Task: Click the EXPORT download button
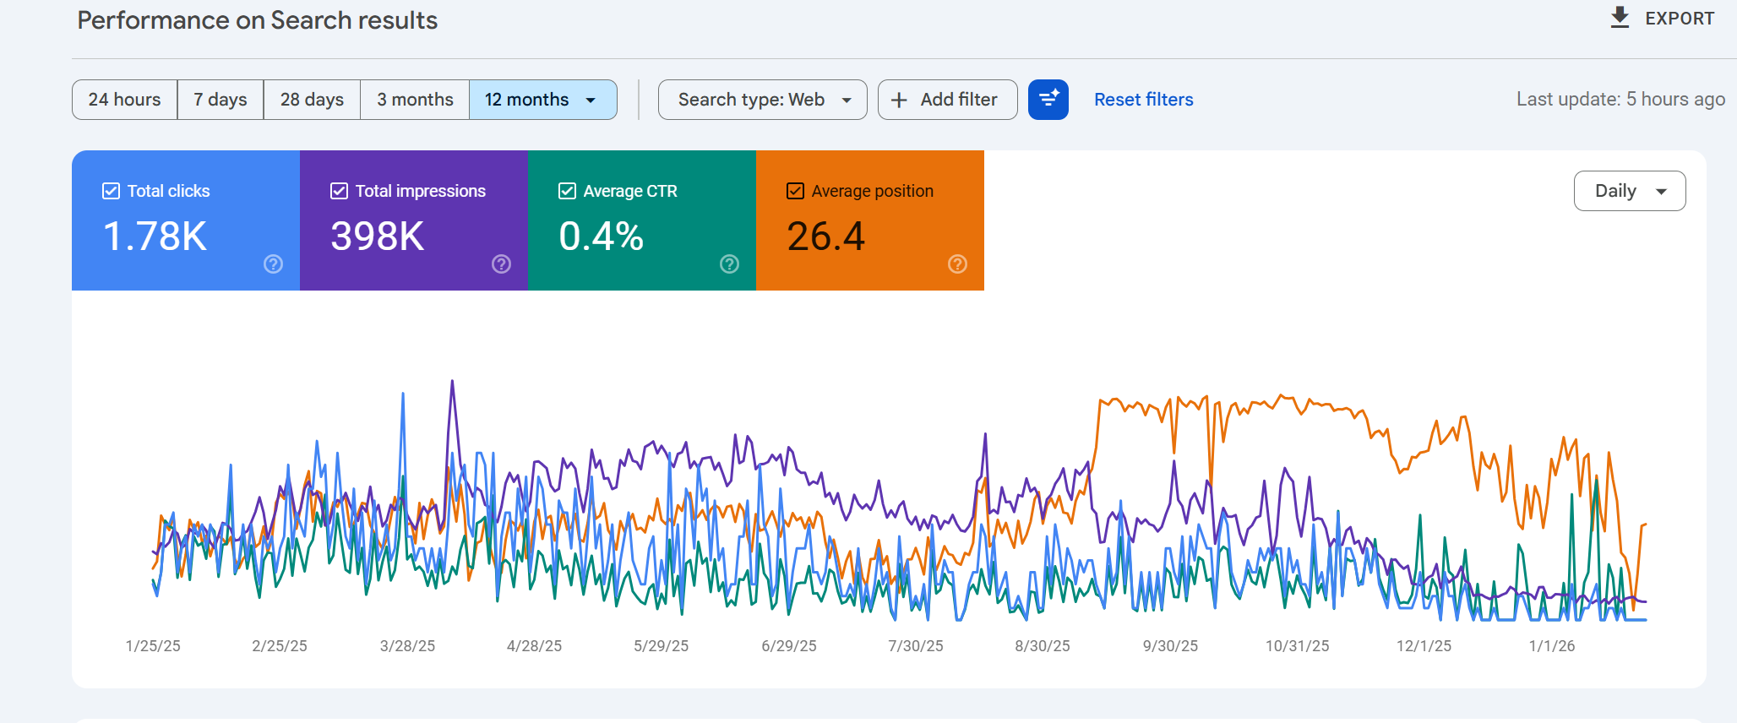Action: (x=1662, y=18)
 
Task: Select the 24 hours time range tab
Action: (x=124, y=100)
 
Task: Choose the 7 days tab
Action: (x=221, y=100)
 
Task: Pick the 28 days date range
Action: (x=312, y=100)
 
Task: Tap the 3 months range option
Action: (x=415, y=100)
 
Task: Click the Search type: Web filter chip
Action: (x=762, y=100)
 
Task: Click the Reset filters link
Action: (x=1143, y=100)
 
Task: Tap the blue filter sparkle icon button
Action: (x=1048, y=100)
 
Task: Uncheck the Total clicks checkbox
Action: (x=111, y=191)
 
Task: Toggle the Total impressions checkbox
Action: (x=339, y=191)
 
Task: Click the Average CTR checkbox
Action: (x=567, y=191)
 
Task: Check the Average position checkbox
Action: (x=795, y=191)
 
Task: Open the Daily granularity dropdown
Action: (x=1629, y=191)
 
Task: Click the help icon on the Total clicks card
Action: (x=273, y=264)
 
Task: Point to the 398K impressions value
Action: (x=378, y=236)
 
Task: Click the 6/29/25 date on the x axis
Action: (x=788, y=646)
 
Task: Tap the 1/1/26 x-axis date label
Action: (x=1551, y=646)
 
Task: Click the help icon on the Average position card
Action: (x=957, y=264)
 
